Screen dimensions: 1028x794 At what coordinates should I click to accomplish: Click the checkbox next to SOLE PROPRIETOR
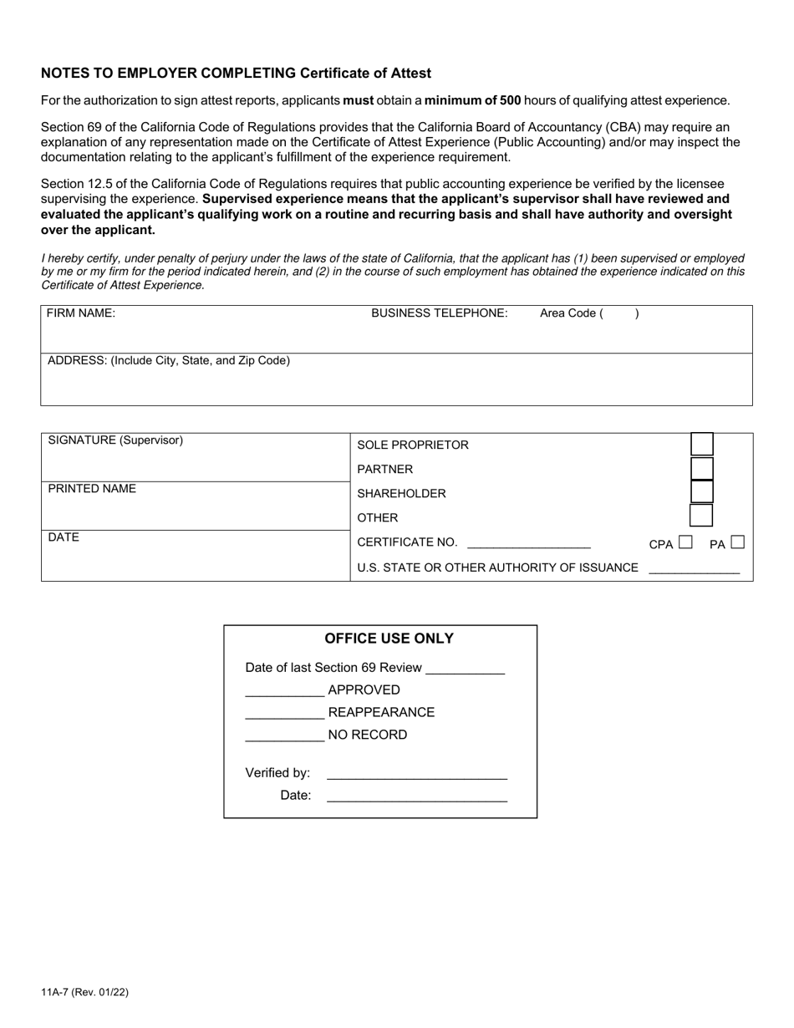[701, 444]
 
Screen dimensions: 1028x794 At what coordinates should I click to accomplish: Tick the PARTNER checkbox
[701, 468]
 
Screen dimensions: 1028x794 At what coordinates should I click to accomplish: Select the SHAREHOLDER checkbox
[701, 492]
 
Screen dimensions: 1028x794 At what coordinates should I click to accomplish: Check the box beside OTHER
[701, 516]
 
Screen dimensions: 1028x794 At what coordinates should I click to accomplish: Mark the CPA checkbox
[685, 542]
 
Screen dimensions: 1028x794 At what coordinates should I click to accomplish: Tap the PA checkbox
[737, 542]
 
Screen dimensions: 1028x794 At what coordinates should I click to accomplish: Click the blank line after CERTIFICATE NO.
[528, 543]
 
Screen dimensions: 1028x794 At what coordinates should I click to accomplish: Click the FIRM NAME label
[81, 313]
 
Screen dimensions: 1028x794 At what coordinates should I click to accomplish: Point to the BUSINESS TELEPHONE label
[439, 313]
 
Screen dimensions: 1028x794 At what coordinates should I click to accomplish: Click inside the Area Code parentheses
[618, 314]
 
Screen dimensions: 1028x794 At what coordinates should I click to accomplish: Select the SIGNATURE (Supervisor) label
[115, 440]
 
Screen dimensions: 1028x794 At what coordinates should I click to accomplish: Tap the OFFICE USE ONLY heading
[389, 639]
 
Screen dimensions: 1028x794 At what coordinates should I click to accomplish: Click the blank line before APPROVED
[284, 692]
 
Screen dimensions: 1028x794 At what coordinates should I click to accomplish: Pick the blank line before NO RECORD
[284, 737]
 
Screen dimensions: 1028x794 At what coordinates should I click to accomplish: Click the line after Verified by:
[416, 775]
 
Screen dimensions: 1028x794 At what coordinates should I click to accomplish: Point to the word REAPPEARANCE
[381, 713]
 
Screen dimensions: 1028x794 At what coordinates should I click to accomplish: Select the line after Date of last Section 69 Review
[466, 669]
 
